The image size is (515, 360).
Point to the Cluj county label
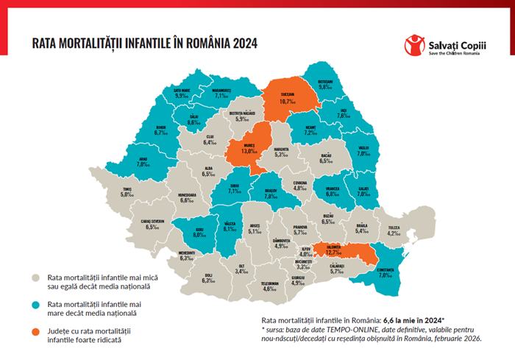210,140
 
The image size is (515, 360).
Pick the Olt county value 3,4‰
241,271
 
